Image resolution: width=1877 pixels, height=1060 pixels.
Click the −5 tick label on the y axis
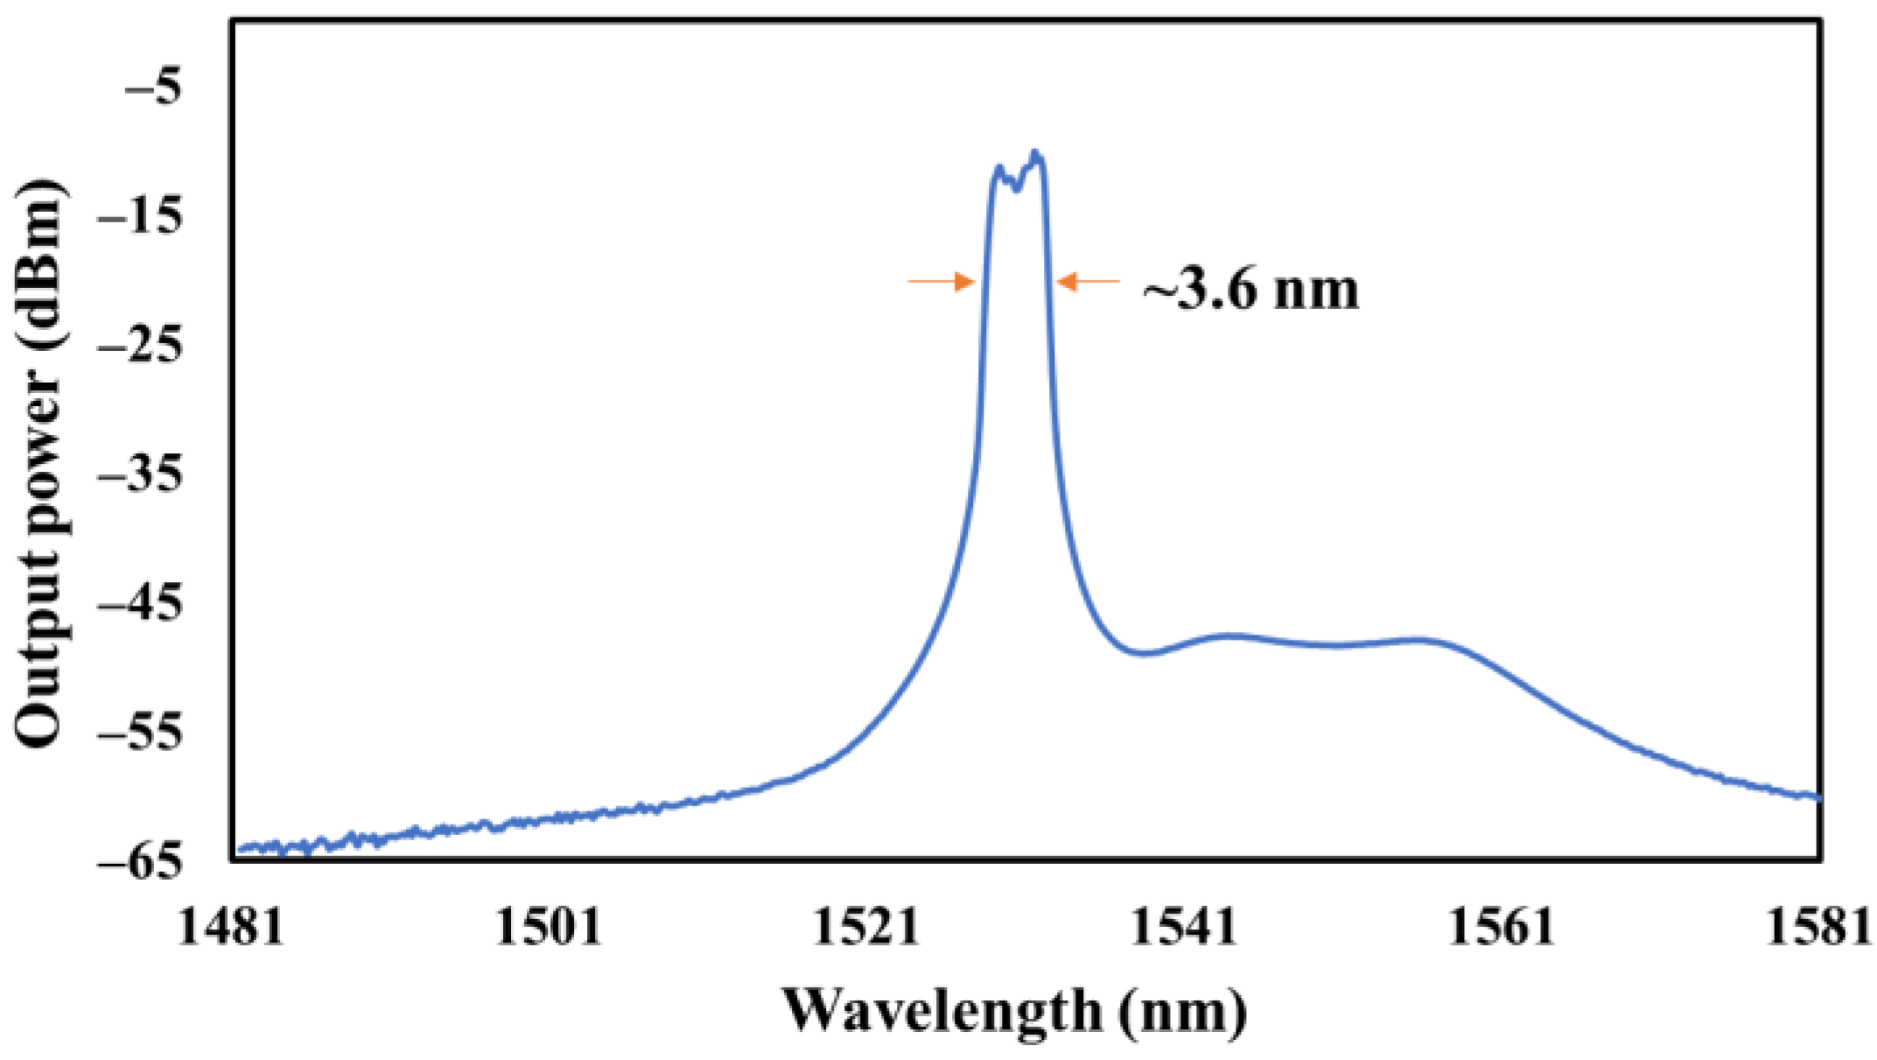coord(154,88)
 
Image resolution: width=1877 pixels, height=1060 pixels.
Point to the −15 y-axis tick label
coord(141,216)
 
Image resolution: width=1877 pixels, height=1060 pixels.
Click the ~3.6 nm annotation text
coord(1251,290)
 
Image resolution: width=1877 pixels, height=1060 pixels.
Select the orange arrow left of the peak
coord(942,281)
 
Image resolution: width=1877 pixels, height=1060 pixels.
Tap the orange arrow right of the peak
coord(1088,281)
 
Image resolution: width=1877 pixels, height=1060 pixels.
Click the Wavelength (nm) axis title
coord(1014,1011)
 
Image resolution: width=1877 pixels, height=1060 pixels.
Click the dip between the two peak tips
coord(1016,187)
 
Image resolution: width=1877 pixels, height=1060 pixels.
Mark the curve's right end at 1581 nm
coord(1818,797)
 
